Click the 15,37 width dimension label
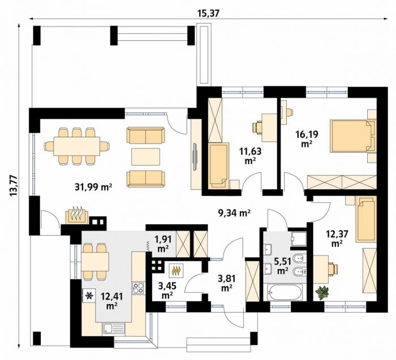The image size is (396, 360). pyautogui.click(x=208, y=14)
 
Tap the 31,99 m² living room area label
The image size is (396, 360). pyautogui.click(x=93, y=187)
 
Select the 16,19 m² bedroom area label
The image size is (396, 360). pyautogui.click(x=307, y=138)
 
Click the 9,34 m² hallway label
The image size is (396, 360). pyautogui.click(x=234, y=213)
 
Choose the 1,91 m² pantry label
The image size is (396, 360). pyautogui.click(x=163, y=244)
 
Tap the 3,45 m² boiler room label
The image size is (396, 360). pyautogui.click(x=167, y=290)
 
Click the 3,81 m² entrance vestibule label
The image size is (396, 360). pyautogui.click(x=226, y=283)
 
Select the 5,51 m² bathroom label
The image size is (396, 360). pyautogui.click(x=283, y=266)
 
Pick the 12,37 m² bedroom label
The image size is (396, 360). pyautogui.click(x=337, y=238)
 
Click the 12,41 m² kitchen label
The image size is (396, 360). pyautogui.click(x=111, y=301)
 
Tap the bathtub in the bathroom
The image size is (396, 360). pyautogui.click(x=285, y=292)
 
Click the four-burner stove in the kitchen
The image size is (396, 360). pyautogui.click(x=138, y=288)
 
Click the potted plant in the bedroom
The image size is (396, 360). pyautogui.click(x=322, y=293)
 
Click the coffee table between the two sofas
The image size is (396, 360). pyautogui.click(x=146, y=157)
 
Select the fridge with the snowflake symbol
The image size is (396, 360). pyautogui.click(x=89, y=295)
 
